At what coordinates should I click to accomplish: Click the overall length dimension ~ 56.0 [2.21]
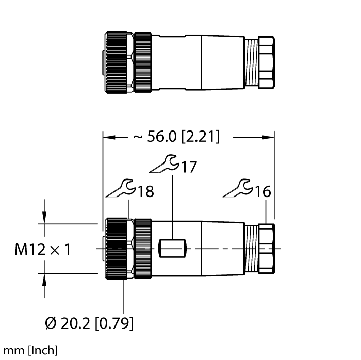[176, 137]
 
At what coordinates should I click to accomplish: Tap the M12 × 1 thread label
[43, 249]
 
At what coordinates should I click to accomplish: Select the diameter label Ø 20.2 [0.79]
[89, 323]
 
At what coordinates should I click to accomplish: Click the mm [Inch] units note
[30, 350]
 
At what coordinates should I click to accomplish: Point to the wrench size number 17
[189, 167]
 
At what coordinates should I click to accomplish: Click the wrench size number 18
[146, 191]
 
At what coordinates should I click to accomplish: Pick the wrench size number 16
[263, 191]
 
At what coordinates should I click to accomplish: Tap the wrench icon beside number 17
[164, 163]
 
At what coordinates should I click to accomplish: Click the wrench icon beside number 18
[120, 188]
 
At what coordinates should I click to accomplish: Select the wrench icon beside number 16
[238, 188]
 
